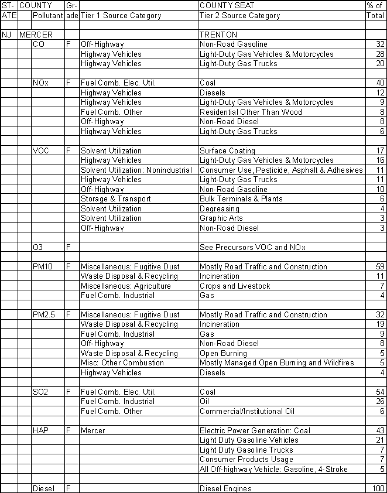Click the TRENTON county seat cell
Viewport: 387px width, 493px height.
(x=218, y=35)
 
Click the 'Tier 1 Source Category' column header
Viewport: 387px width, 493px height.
(x=121, y=16)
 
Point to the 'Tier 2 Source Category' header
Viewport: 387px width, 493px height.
(x=239, y=16)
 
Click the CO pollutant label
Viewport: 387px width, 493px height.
(x=39, y=44)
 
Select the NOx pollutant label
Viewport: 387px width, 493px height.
(x=40, y=83)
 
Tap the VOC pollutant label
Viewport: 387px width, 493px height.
(x=41, y=150)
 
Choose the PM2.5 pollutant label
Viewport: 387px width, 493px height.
(x=44, y=314)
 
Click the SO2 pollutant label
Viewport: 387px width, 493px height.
(x=40, y=392)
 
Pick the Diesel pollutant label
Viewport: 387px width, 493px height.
(x=43, y=488)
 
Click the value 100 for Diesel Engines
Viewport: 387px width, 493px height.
(x=378, y=488)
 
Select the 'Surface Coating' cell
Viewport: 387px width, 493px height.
(x=227, y=150)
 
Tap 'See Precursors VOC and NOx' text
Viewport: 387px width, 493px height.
(x=253, y=247)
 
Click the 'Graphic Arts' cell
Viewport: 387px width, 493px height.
(x=220, y=218)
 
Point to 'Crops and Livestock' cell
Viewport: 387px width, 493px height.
(x=235, y=286)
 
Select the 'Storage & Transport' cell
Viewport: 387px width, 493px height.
(x=115, y=198)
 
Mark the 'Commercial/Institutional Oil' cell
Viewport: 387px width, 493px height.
(x=247, y=411)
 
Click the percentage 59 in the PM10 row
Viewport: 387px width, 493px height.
(x=379, y=266)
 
